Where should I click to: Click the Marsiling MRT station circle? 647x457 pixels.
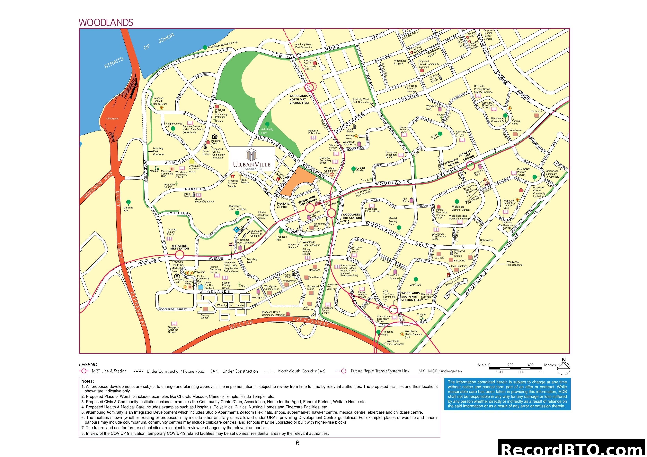click(180, 255)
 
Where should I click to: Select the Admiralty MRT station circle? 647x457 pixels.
click(470, 166)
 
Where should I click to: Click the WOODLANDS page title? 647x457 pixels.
click(106, 22)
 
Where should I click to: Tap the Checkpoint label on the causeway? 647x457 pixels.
click(112, 119)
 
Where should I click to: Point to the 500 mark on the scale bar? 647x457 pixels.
click(541, 372)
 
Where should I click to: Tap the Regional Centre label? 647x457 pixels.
click(283, 205)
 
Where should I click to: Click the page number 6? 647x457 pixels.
click(297, 443)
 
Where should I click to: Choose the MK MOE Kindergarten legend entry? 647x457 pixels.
click(440, 371)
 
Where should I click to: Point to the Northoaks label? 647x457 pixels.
click(536, 111)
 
